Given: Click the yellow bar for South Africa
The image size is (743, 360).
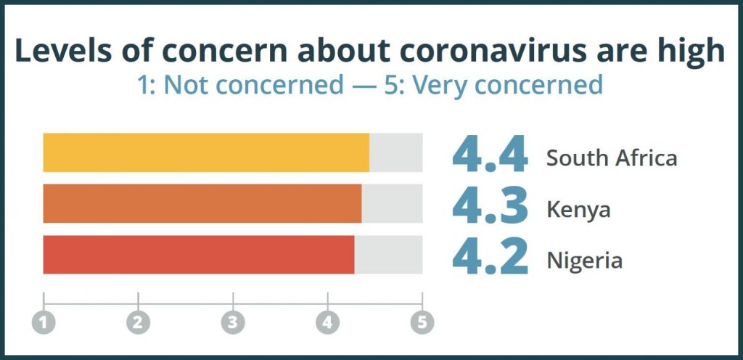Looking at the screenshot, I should click(206, 152).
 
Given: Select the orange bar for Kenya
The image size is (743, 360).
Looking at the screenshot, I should click(202, 203).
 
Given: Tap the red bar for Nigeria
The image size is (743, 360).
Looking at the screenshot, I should click(199, 254).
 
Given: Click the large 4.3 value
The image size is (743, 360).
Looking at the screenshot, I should click(490, 205).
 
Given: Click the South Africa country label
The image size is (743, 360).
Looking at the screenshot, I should click(612, 157).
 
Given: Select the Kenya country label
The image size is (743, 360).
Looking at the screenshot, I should click(578, 210).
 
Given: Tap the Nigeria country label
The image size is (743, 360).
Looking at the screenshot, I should click(584, 260).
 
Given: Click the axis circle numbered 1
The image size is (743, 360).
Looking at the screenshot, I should click(44, 322).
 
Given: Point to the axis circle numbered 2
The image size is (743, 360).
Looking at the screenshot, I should click(138, 322).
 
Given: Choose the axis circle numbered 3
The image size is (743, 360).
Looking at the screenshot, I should click(233, 322).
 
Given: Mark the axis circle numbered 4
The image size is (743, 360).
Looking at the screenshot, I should click(327, 322).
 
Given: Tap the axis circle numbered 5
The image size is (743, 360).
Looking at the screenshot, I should click(422, 322).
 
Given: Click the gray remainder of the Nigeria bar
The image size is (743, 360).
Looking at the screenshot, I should click(388, 254).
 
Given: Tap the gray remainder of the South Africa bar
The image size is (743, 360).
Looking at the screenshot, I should click(395, 152).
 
